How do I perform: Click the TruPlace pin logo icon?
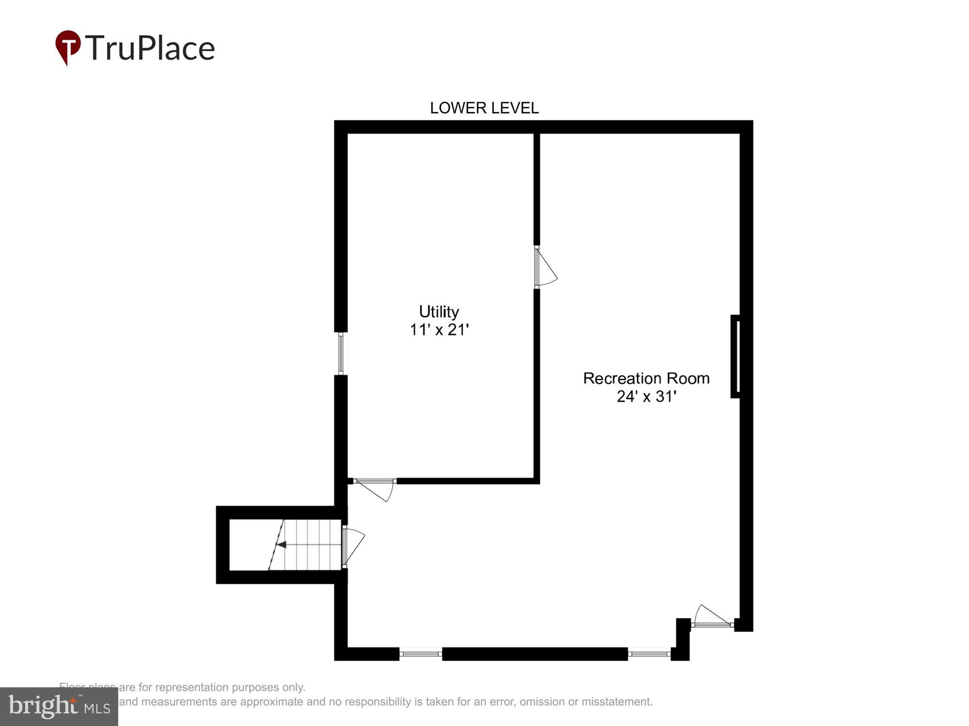(x=68, y=47)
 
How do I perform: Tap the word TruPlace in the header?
(x=150, y=48)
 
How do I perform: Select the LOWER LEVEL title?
(x=484, y=108)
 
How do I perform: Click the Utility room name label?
(x=439, y=311)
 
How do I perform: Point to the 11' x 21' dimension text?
(x=439, y=330)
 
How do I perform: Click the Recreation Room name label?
(x=646, y=378)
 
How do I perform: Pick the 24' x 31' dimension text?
(x=646, y=396)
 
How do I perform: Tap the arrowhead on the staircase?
(x=281, y=544)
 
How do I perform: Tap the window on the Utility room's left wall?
(x=341, y=353)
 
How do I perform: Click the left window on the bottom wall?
(x=421, y=654)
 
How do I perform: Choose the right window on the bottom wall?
(x=649, y=654)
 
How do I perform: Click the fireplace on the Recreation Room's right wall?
(x=735, y=356)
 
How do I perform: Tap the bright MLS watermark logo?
(x=59, y=707)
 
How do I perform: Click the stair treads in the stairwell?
(x=313, y=544)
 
